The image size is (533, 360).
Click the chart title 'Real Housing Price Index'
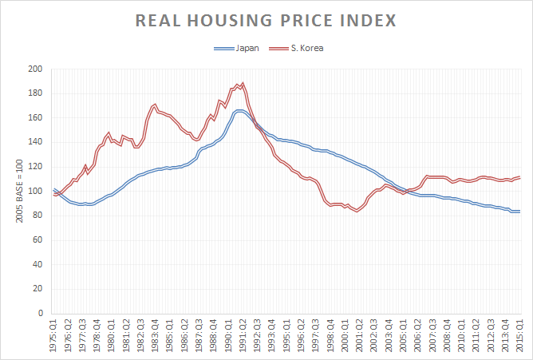tap(266, 20)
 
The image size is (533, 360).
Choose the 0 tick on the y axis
tap(39, 314)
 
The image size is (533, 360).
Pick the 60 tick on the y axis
tap(37, 240)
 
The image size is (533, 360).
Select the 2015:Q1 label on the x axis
tap(519, 334)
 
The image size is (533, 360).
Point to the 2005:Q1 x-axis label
tap(403, 334)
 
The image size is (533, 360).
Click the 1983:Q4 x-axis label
tap(156, 334)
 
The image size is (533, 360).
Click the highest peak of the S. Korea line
tap(243, 83)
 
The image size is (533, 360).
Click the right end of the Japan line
tap(520, 212)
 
